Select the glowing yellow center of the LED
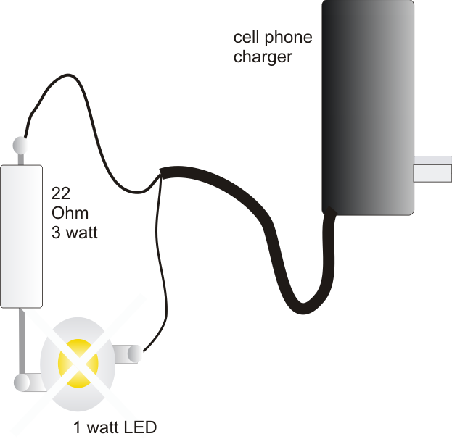[x=78, y=360]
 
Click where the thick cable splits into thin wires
[x=161, y=175]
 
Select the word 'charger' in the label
[x=263, y=57]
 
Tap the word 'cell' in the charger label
[x=246, y=37]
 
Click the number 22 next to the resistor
[x=61, y=193]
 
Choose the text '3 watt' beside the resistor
[x=74, y=233]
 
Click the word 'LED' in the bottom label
[x=141, y=427]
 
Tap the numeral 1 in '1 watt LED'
[x=78, y=427]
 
